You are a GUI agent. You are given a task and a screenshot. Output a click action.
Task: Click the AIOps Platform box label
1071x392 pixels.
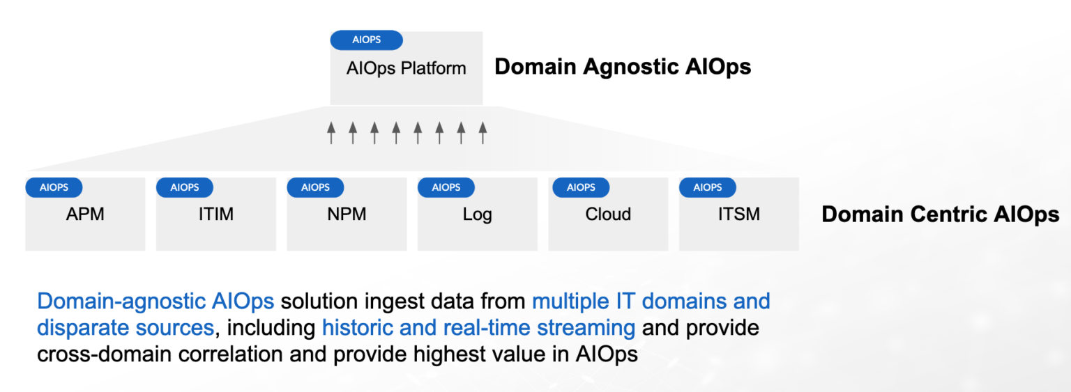tap(406, 69)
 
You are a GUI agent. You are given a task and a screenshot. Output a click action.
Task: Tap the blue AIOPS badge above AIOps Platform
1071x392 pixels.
tap(366, 40)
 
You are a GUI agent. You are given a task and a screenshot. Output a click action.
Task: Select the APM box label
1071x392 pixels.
tap(85, 214)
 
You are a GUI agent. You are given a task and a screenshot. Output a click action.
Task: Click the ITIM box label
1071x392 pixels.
tap(215, 214)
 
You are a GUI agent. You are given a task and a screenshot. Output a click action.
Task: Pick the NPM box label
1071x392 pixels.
tap(347, 214)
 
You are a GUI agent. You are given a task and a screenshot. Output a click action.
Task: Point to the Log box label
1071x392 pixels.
tap(477, 214)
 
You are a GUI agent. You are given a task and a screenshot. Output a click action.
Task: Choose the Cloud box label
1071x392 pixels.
tap(608, 214)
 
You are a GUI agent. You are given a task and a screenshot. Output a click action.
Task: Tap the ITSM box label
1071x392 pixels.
tap(738, 214)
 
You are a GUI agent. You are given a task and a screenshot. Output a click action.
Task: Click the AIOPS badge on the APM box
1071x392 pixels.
tap(54, 187)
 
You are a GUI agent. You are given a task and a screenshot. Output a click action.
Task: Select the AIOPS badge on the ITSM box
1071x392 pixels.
tap(708, 187)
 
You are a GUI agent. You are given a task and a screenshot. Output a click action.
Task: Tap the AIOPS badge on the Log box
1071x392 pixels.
tap(446, 187)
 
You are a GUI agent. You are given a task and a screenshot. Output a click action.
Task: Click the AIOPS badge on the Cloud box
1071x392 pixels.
tap(581, 187)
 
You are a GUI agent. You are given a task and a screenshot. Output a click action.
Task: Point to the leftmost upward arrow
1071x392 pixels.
tap(331, 132)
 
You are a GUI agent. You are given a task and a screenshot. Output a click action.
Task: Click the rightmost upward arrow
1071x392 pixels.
tap(482, 132)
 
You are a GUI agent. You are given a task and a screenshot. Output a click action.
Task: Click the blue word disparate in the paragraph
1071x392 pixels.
tap(82, 328)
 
